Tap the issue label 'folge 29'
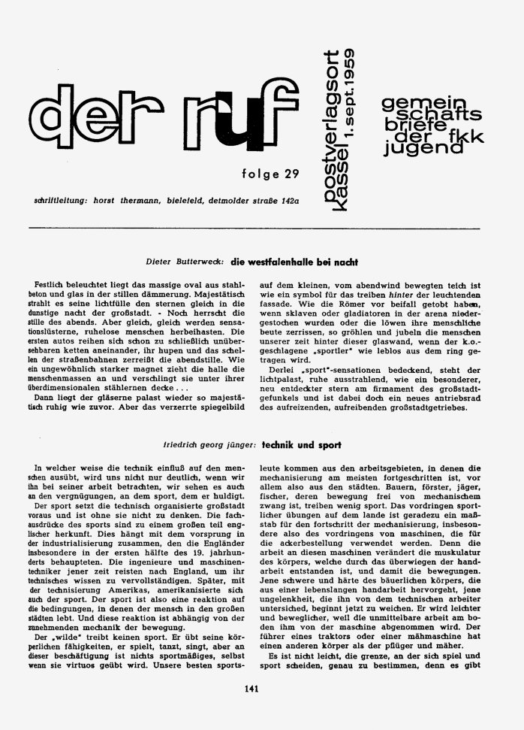tap(270, 175)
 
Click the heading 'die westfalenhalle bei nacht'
tap(285, 262)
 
